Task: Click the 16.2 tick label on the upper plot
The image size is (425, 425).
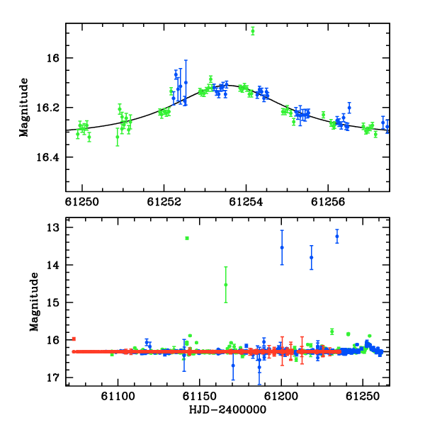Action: click(47, 108)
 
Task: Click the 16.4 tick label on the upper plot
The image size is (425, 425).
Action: click(47, 157)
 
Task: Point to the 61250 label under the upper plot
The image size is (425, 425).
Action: click(82, 202)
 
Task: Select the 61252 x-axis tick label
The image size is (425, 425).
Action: click(164, 202)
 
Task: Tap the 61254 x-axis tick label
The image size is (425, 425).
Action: click(246, 202)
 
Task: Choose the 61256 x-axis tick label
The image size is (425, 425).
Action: click(328, 202)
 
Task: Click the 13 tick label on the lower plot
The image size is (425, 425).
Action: click(52, 227)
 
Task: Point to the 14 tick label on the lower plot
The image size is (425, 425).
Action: click(52, 265)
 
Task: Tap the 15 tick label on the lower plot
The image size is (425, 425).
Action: click(52, 302)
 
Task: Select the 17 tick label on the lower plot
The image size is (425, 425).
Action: click(52, 378)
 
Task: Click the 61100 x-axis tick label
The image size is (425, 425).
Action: click(118, 397)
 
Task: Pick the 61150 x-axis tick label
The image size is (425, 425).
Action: click(200, 397)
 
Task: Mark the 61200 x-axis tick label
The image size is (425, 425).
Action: click(281, 397)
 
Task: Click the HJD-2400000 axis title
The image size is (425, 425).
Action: click(227, 409)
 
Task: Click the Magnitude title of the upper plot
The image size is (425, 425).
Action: click(24, 108)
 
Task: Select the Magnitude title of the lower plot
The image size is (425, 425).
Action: click(34, 302)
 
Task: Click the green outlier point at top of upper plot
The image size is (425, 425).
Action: click(253, 31)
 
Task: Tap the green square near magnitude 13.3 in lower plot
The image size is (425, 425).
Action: click(187, 238)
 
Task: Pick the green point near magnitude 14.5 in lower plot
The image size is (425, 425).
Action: click(226, 285)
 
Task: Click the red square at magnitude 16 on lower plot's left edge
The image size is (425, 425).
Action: click(74, 339)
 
